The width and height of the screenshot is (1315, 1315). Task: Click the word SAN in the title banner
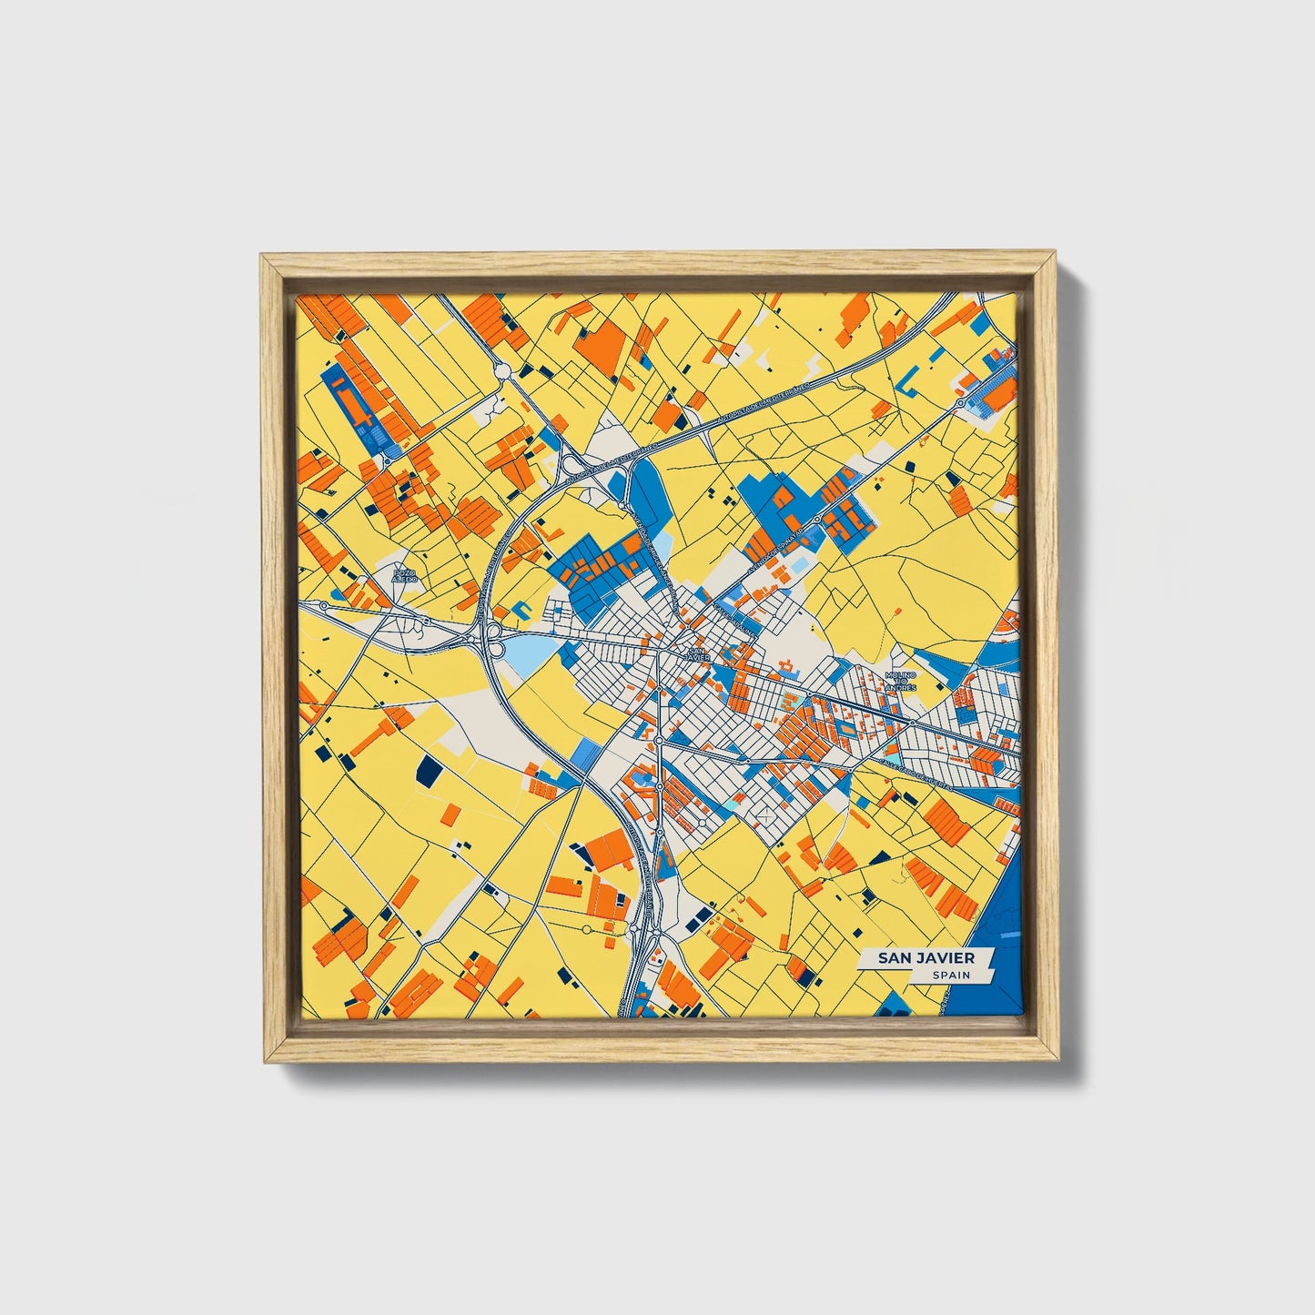[x=898, y=958]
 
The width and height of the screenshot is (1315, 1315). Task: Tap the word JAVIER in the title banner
[x=947, y=958]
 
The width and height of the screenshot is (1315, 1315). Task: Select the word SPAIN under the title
[x=950, y=976]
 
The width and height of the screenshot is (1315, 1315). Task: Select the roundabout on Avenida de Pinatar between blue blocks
[x=817, y=520]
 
